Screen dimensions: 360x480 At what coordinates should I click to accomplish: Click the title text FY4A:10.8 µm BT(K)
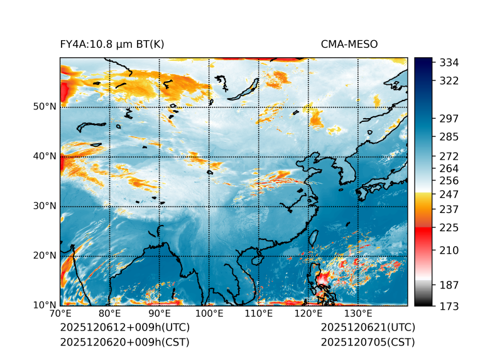(x=112, y=44)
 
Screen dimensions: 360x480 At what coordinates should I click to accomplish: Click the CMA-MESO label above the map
(x=349, y=44)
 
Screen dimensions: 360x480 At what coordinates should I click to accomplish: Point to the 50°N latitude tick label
(x=44, y=107)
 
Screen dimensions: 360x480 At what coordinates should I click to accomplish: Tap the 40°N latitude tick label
(x=44, y=156)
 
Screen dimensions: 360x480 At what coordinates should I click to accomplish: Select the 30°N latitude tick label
(x=44, y=206)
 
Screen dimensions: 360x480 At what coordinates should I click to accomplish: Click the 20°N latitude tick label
(x=44, y=256)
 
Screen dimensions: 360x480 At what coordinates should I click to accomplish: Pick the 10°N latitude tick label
(x=44, y=305)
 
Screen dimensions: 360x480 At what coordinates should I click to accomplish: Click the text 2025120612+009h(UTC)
(x=124, y=327)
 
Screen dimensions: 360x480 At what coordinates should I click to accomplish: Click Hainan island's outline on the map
(x=256, y=259)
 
